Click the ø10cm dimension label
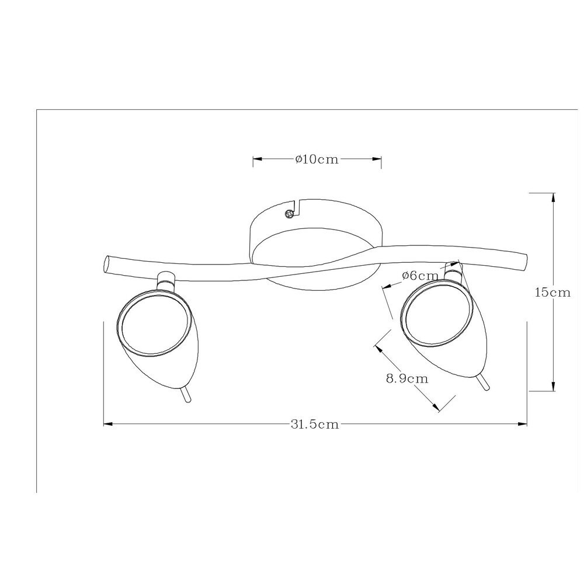click(x=317, y=159)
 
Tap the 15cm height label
click(x=552, y=293)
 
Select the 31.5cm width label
click(x=315, y=424)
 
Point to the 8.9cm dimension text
click(x=407, y=379)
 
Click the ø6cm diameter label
click(x=420, y=276)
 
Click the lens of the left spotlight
click(x=154, y=320)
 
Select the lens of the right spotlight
click(x=434, y=314)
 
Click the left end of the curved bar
click(x=106, y=265)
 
